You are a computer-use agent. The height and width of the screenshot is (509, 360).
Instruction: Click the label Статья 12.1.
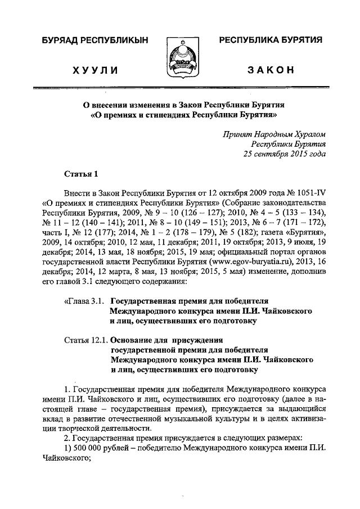point(85,340)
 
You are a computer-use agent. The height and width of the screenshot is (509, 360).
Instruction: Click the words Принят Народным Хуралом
point(273,133)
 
